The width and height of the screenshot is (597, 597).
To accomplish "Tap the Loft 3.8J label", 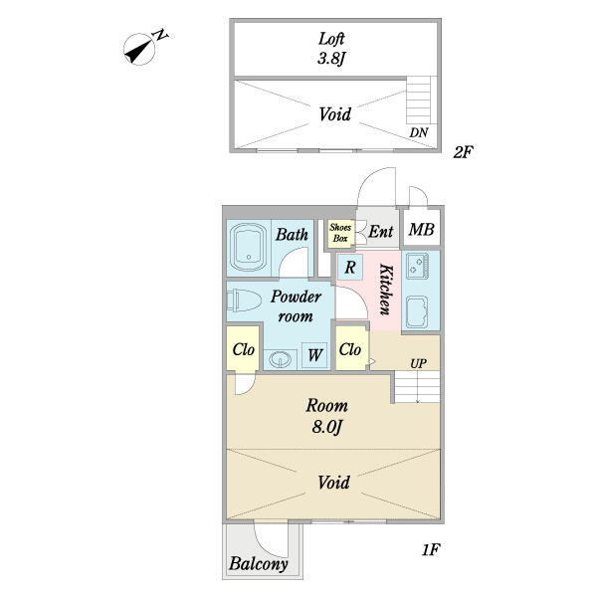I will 331,48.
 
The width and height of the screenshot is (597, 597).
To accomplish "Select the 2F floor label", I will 463,153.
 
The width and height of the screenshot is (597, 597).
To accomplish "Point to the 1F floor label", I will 429,549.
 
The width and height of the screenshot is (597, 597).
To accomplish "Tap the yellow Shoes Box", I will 340,234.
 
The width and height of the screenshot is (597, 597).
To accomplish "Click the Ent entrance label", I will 380,233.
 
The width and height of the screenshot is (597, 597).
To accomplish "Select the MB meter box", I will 422,232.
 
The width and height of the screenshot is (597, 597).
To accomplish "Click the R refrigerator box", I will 350,267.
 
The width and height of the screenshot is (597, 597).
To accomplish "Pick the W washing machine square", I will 314,354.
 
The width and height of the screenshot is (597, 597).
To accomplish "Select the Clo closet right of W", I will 350,349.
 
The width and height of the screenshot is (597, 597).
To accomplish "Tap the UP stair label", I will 419,363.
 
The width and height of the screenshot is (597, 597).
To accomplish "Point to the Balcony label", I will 259,564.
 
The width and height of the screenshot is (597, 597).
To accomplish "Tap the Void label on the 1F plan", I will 333,484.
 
